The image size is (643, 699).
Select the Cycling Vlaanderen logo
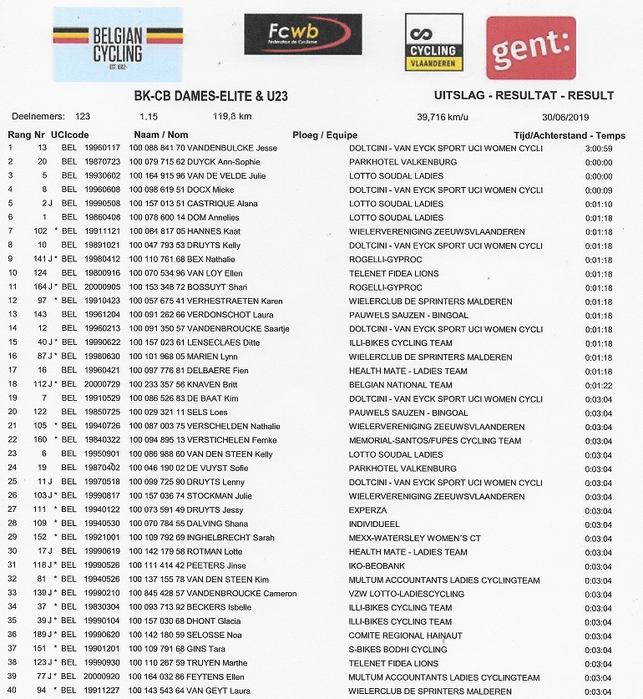point(433,43)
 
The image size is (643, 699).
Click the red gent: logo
point(530,48)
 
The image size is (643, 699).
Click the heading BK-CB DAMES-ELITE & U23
point(211,96)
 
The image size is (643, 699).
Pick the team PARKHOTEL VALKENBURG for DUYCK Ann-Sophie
point(403,162)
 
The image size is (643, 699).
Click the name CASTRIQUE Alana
point(220,204)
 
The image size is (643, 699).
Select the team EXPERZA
point(368,510)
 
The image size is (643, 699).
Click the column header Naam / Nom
point(161,134)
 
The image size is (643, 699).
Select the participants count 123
point(83,116)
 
